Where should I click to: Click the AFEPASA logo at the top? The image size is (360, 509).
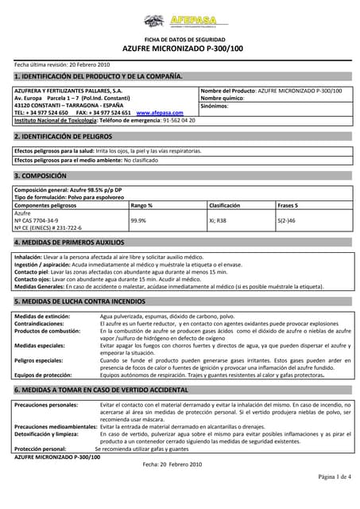coord(180,21)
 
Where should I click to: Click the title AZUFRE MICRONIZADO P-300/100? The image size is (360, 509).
coord(180,48)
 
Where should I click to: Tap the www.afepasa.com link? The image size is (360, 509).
coord(160,113)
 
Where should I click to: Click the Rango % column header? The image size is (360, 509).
coord(141,205)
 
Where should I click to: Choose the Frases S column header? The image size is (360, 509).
coord(288,205)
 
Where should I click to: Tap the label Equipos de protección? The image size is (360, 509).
coord(44,375)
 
